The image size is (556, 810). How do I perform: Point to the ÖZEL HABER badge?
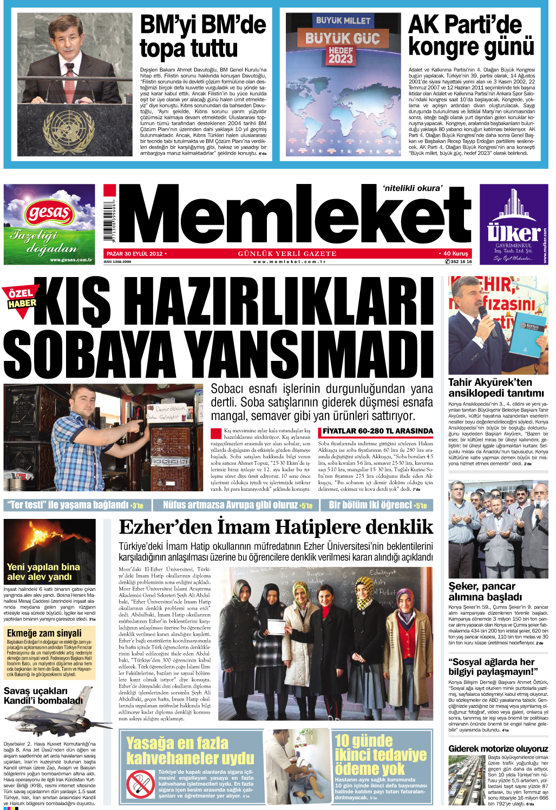tap(22, 298)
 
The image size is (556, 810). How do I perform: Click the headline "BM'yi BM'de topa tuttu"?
tap(203, 37)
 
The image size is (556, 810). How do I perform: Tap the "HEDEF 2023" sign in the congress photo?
tap(341, 55)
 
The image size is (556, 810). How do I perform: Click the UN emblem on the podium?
tap(68, 130)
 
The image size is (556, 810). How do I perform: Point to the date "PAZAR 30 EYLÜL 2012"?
tap(135, 253)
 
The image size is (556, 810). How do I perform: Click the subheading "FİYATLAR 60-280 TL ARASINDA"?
tap(378, 431)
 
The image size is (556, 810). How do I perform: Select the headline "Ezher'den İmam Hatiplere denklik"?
tap(276, 527)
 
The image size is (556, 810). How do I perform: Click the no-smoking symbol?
tap(141, 783)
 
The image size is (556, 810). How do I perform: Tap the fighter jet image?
tap(51, 716)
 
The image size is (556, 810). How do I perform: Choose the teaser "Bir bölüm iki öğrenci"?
tap(378, 505)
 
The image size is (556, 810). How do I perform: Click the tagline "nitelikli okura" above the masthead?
tap(413, 188)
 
